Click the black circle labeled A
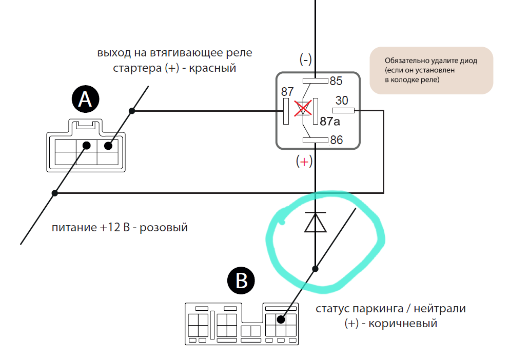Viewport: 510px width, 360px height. coord(85,99)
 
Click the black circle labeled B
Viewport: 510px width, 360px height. coord(241,281)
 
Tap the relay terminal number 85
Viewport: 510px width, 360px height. coord(336,81)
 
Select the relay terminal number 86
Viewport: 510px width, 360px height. coord(336,140)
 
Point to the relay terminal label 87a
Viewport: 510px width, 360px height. coord(329,122)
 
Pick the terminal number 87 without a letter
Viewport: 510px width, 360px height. coord(287,92)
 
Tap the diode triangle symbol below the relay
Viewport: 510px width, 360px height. coord(315,222)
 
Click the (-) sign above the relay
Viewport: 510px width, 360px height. coord(306,59)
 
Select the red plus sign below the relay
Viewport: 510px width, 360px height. coord(304,162)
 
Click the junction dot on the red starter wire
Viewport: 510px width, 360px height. coord(132,111)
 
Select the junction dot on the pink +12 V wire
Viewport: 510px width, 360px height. coord(55,193)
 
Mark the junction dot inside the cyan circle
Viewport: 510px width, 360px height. coord(315,268)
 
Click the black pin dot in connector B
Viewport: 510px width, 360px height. coord(281,319)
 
